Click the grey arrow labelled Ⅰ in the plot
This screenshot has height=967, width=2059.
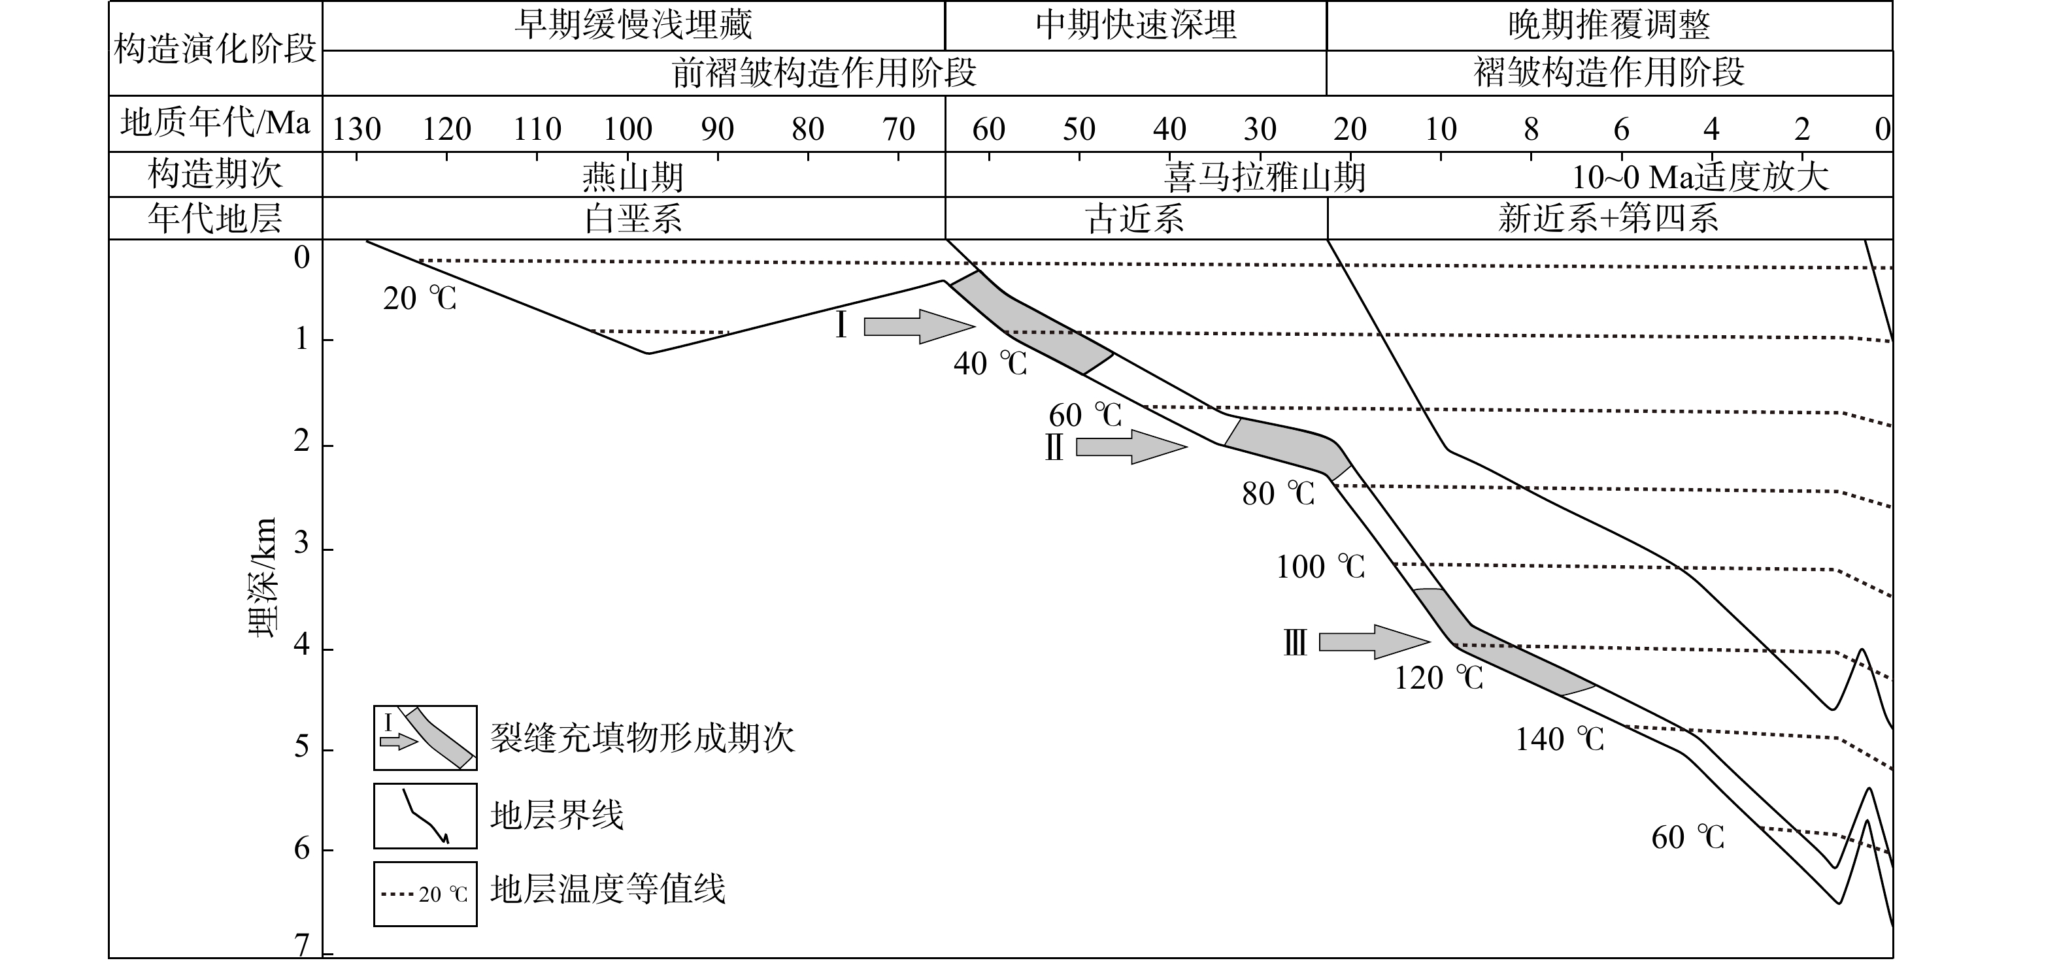click(x=919, y=326)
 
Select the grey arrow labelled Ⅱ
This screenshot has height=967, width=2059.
click(x=1131, y=447)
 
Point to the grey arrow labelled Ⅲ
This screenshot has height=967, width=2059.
click(x=1374, y=642)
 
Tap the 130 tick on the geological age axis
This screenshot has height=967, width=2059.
click(x=356, y=129)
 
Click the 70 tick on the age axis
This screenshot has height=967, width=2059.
click(x=898, y=129)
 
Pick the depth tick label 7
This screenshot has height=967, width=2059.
click(x=301, y=945)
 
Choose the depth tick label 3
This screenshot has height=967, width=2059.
click(x=301, y=544)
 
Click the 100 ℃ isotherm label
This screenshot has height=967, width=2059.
click(x=1320, y=566)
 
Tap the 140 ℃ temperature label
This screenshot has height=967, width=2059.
click(x=1560, y=739)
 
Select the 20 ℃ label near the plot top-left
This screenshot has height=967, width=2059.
click(x=420, y=299)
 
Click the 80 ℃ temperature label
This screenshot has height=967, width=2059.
click(x=1278, y=494)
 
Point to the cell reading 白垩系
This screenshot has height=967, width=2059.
click(x=633, y=218)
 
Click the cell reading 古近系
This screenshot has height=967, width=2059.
click(x=1136, y=218)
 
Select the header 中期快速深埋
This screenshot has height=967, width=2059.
click(x=1136, y=25)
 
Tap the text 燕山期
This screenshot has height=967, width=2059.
click(x=633, y=176)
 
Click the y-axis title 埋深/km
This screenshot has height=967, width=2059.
click(x=262, y=577)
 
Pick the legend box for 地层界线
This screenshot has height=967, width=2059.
click(x=426, y=816)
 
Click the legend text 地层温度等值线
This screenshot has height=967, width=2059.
click(x=607, y=889)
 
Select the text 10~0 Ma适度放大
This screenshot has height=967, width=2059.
click(x=1700, y=176)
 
